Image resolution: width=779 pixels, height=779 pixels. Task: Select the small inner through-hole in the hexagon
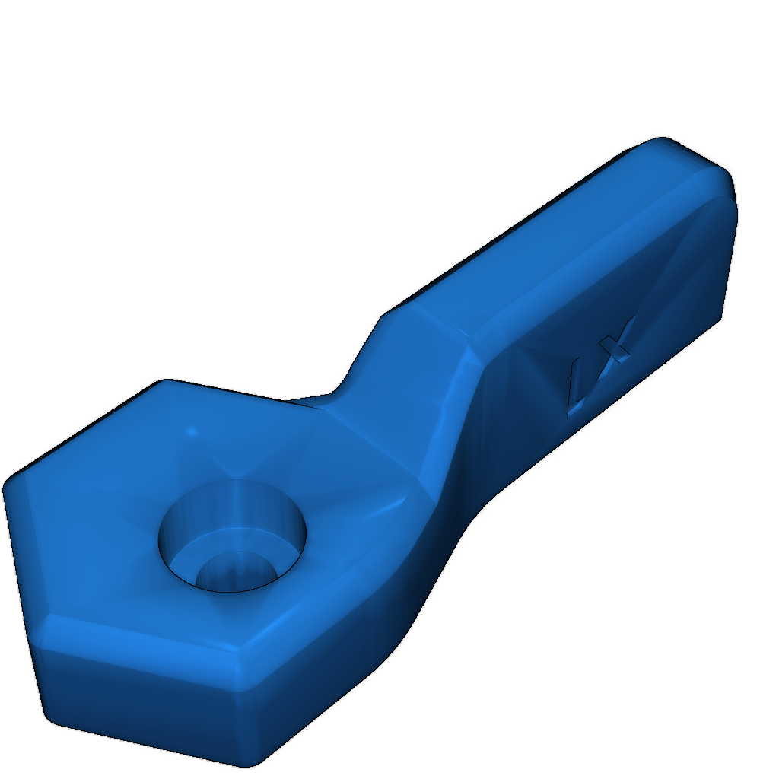tap(234, 572)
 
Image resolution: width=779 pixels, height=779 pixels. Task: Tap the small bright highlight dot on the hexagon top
tap(191, 431)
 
